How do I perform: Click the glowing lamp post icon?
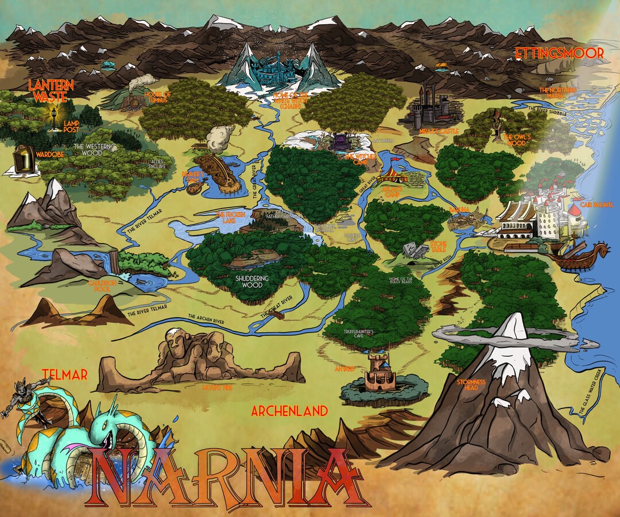(x=55, y=118)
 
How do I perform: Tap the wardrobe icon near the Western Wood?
(x=21, y=160)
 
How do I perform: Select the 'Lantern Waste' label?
(x=51, y=91)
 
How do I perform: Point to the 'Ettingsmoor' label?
(x=559, y=53)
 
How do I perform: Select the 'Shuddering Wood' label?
(x=253, y=281)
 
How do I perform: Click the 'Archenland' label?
(x=289, y=411)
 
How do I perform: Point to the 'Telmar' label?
(x=64, y=375)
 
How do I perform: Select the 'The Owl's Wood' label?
(x=518, y=139)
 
